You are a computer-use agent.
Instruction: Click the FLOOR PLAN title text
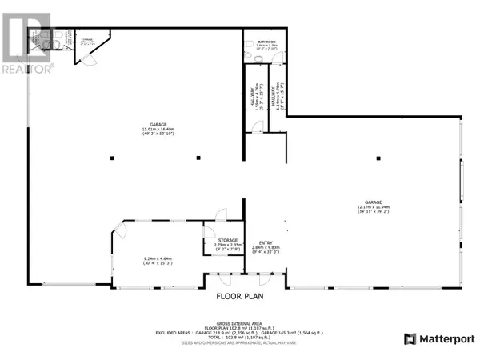(x=239, y=294)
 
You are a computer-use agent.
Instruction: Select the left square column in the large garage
(x=114, y=156)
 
